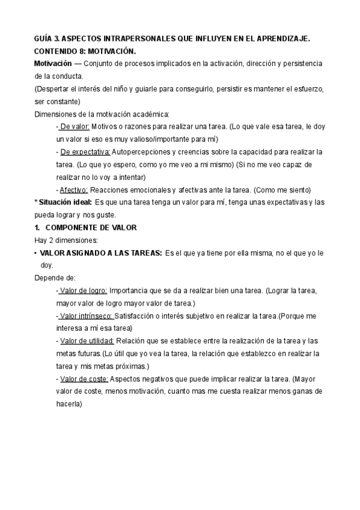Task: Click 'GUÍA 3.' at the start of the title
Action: point(46,38)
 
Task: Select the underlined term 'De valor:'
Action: point(75,127)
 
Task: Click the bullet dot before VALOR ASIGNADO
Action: point(35,253)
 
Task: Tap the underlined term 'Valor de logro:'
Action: point(84,290)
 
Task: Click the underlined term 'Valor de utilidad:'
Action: point(87,341)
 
